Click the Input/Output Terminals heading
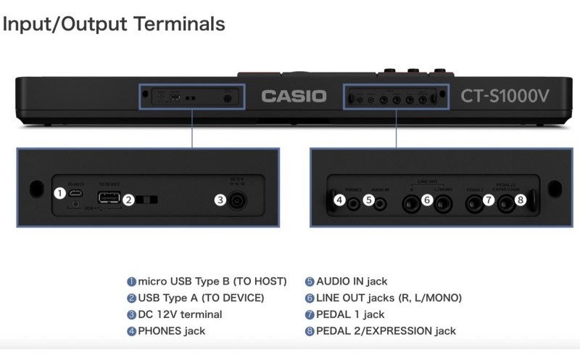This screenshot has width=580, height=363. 113,23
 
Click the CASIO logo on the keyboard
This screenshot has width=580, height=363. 294,96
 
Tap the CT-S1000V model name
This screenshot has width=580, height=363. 505,96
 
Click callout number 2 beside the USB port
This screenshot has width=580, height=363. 128,200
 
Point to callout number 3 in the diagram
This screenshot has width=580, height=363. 220,200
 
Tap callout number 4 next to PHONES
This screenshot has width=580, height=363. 339,200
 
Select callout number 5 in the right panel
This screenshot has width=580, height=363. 369,200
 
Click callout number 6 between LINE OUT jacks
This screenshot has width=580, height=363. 427,200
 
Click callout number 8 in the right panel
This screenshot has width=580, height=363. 519,200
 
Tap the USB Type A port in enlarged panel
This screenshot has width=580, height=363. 109,198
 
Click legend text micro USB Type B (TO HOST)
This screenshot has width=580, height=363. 212,281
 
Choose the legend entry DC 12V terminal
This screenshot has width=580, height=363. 180,314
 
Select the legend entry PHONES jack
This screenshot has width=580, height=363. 171,331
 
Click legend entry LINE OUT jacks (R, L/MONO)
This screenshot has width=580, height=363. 389,298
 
